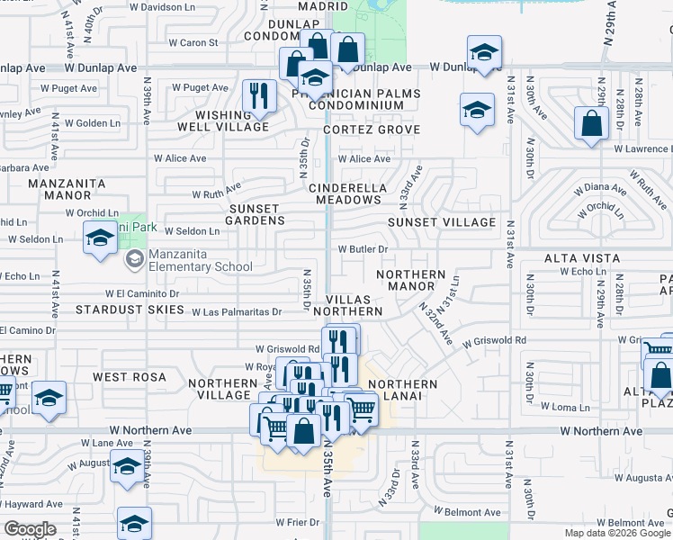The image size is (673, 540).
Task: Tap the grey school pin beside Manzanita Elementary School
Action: click(x=135, y=260)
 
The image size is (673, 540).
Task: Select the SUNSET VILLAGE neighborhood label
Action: click(x=442, y=222)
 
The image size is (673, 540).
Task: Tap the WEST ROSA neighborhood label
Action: click(x=122, y=376)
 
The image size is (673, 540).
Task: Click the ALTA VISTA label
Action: click(x=582, y=258)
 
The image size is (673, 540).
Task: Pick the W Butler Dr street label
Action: click(x=362, y=249)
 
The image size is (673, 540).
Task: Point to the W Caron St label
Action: click(x=193, y=42)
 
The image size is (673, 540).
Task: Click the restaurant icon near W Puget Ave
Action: click(x=259, y=95)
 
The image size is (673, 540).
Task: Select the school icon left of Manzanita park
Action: click(x=100, y=238)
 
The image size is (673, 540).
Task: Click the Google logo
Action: click(x=30, y=529)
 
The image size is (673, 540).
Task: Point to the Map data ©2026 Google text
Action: click(x=616, y=533)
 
